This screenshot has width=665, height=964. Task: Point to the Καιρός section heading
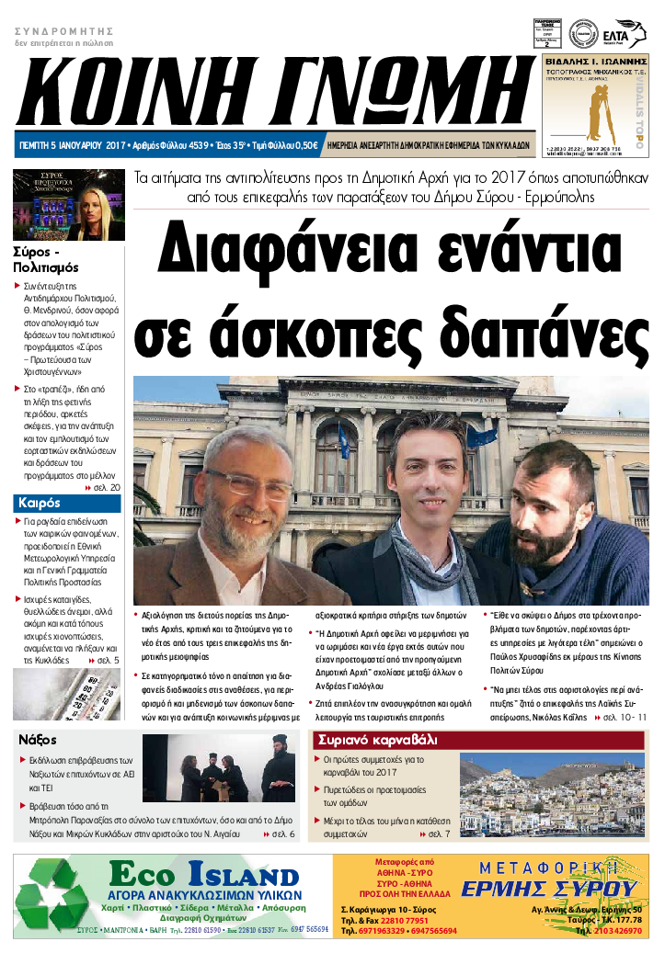pyautogui.click(x=39, y=503)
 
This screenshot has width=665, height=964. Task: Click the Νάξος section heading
pyautogui.click(x=39, y=739)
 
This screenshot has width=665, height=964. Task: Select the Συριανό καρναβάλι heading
pyautogui.click(x=377, y=740)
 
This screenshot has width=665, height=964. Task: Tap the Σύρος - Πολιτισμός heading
pyautogui.click(x=46, y=259)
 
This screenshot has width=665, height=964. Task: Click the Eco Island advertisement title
pyautogui.click(x=203, y=875)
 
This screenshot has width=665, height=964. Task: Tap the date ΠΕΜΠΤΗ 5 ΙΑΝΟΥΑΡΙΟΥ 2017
pyautogui.click(x=72, y=146)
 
